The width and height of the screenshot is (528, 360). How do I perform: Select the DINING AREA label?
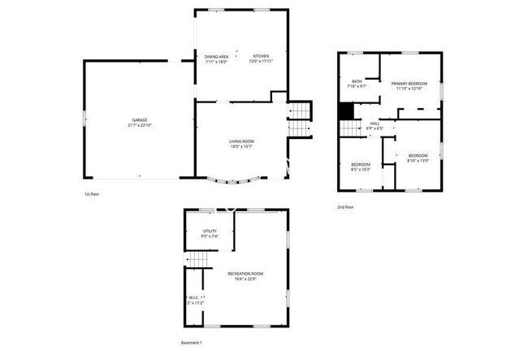[216, 56]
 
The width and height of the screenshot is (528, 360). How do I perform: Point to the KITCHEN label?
[261, 56]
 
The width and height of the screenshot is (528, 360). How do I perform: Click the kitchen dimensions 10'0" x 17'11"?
[261, 62]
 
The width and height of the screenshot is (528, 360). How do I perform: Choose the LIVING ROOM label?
[241, 141]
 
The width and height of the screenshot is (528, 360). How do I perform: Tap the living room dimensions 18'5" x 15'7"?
[241, 147]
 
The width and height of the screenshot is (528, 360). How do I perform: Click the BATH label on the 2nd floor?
[357, 80]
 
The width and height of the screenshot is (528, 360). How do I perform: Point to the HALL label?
[374, 123]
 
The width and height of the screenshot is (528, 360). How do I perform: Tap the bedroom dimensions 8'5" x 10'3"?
[360, 169]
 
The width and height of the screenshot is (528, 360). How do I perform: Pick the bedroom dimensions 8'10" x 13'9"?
[418, 160]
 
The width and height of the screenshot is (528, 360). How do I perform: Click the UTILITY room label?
[210, 232]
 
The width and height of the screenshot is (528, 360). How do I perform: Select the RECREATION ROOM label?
[245, 274]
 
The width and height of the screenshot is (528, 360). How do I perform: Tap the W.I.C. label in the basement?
[193, 298]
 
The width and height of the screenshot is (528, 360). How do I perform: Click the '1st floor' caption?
[92, 194]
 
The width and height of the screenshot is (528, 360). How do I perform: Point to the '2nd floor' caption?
[346, 206]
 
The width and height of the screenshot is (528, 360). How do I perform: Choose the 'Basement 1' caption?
[191, 342]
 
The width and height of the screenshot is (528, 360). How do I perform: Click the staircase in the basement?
[200, 259]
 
